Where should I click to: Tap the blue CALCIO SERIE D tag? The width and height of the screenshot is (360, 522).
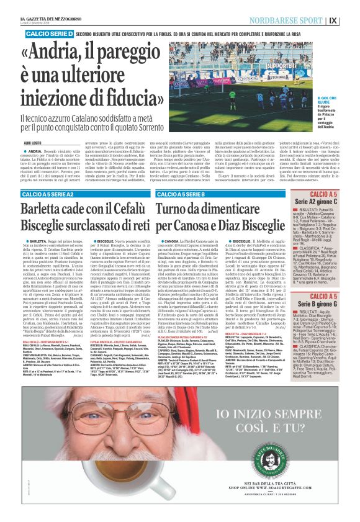(50, 32)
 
